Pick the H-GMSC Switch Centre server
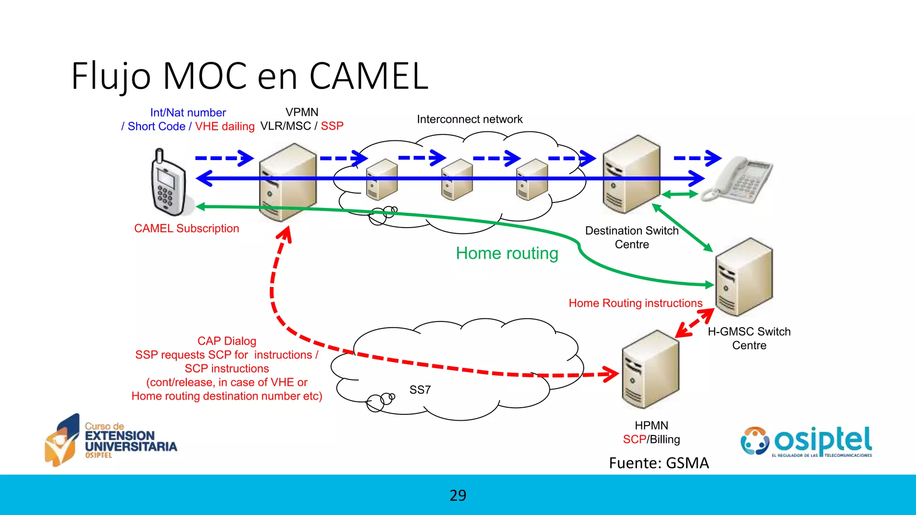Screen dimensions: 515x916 (744, 277)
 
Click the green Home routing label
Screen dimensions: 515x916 (507, 253)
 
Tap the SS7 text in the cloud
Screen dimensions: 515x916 (420, 390)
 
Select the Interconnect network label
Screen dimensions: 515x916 (470, 119)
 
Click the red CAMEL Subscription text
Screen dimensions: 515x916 (187, 228)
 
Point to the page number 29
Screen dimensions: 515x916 (458, 495)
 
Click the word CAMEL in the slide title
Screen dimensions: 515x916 (369, 76)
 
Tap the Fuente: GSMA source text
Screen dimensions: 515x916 (659, 463)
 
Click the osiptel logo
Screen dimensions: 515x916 (806, 442)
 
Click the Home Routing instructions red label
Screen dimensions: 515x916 (636, 303)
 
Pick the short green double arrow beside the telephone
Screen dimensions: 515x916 (680, 194)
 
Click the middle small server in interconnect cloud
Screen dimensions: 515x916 (457, 180)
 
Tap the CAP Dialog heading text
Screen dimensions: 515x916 (227, 341)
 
